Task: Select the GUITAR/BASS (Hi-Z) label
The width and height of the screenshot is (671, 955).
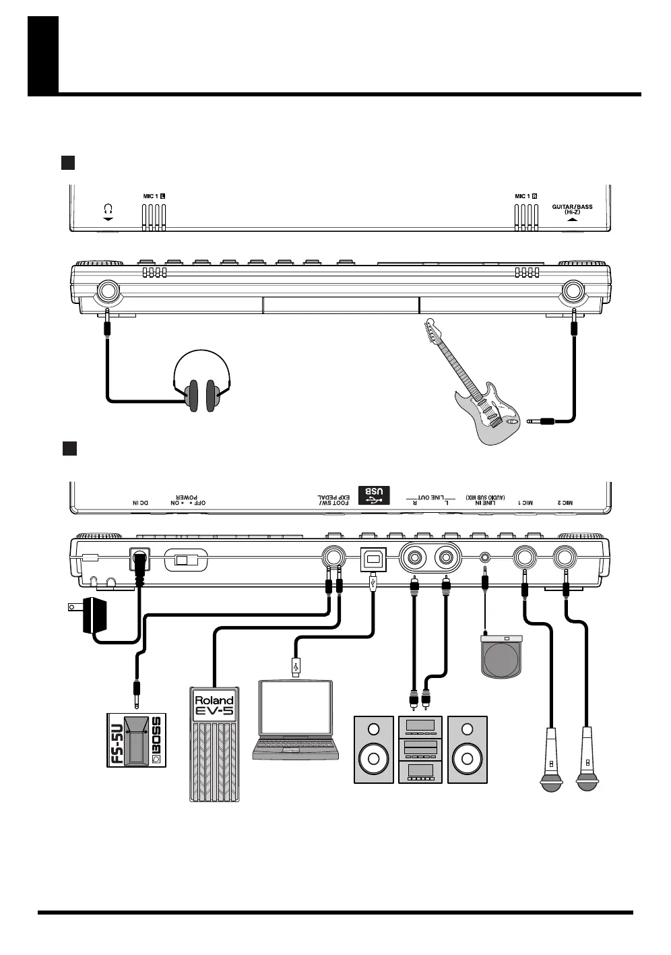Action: tap(572, 209)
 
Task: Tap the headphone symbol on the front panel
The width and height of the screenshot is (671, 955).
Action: tap(108, 210)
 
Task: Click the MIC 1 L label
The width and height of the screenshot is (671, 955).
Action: tap(154, 196)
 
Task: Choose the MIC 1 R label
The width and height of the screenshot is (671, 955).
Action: tap(526, 196)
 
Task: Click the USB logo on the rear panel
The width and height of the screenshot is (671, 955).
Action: tap(375, 493)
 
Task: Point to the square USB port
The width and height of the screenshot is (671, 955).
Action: tap(373, 559)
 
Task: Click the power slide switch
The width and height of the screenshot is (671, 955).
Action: tap(185, 559)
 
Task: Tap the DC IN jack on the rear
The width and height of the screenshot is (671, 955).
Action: tap(139, 559)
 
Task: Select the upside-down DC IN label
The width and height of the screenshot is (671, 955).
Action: tap(140, 503)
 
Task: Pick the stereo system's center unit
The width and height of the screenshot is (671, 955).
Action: tap(420, 749)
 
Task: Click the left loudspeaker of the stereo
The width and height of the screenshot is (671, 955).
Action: tap(374, 749)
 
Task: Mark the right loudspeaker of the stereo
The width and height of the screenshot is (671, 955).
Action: tap(468, 749)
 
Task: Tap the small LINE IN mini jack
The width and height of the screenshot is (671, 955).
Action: tap(485, 558)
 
